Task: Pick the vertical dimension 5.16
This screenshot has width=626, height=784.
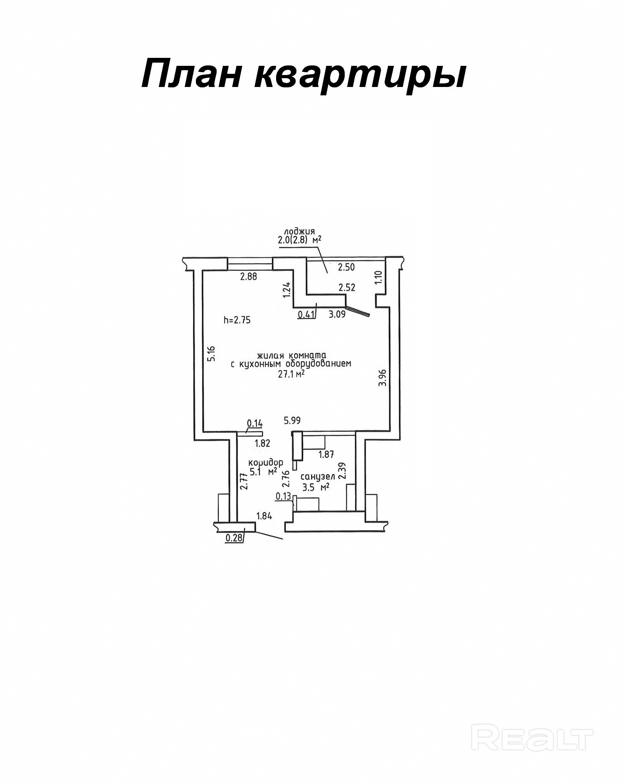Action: point(212,353)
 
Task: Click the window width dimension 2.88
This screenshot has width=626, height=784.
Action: point(248,276)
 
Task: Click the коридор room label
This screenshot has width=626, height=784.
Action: point(266,463)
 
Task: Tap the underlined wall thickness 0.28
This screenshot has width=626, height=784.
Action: point(234,538)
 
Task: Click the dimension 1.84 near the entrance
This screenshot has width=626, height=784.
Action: point(264,516)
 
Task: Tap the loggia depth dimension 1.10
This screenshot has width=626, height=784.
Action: point(379,277)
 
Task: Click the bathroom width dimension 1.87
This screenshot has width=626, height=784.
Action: point(326,454)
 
